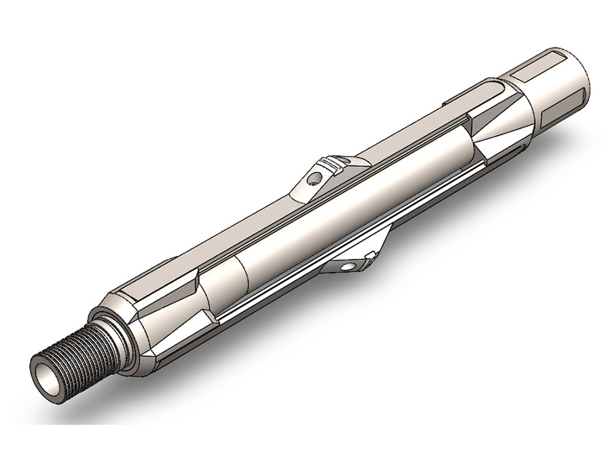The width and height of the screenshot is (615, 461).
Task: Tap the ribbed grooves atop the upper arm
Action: (333, 162)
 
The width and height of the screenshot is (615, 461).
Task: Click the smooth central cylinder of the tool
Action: (346, 215)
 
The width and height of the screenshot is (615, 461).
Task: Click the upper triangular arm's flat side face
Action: (315, 184)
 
